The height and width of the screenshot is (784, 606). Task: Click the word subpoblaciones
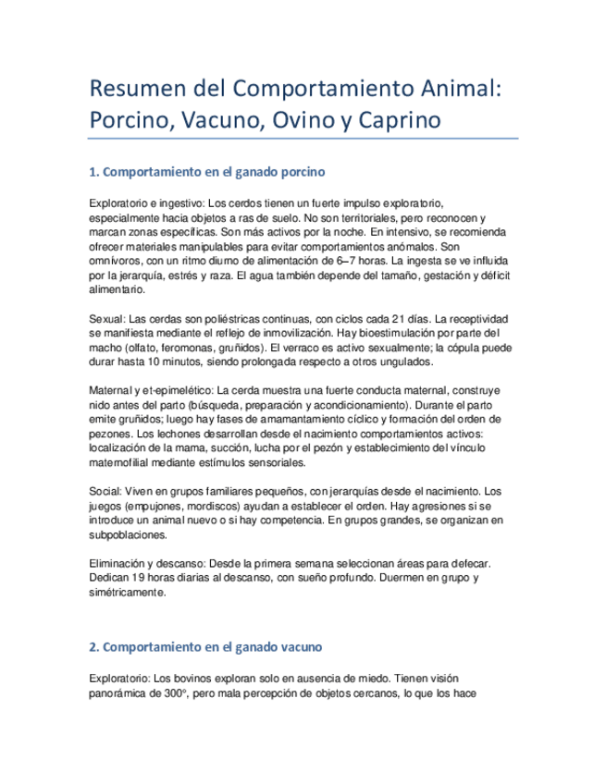[x=130, y=534]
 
